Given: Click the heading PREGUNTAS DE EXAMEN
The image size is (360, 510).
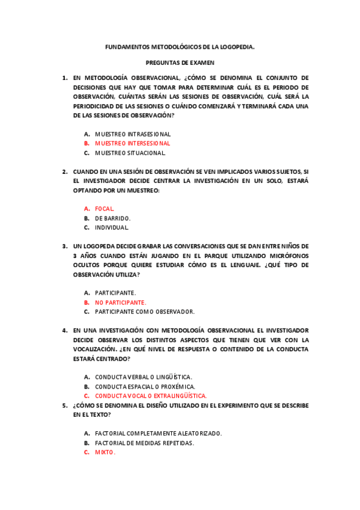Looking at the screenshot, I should pyautogui.click(x=180, y=62).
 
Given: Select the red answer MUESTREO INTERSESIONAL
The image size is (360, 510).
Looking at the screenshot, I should pyautogui.click(x=132, y=143).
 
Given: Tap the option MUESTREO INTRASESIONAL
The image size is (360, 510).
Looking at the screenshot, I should pyautogui.click(x=133, y=134).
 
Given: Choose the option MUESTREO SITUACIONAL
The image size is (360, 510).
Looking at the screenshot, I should pyautogui.click(x=130, y=153).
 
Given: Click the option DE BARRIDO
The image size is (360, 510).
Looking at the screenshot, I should pyautogui.click(x=112, y=218).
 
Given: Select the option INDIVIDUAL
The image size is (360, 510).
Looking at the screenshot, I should pyautogui.click(x=112, y=227).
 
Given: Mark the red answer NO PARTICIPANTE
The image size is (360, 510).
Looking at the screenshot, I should pyautogui.click(x=120, y=302).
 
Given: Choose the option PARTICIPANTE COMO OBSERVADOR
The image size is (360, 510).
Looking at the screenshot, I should pyautogui.click(x=144, y=312).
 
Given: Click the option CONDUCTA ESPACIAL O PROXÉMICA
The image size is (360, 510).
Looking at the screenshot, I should pyautogui.click(x=145, y=386).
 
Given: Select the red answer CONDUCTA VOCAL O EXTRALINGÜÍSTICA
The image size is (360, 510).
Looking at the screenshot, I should pyautogui.click(x=151, y=396).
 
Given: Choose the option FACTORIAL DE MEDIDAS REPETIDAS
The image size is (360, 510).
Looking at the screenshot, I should pyautogui.click(x=144, y=443).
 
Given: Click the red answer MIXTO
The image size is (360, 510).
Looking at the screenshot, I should pyautogui.click(x=105, y=452).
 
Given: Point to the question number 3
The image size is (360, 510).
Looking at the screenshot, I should pyautogui.click(x=64, y=246).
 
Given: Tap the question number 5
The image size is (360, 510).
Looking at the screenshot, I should pyautogui.click(x=64, y=405).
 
